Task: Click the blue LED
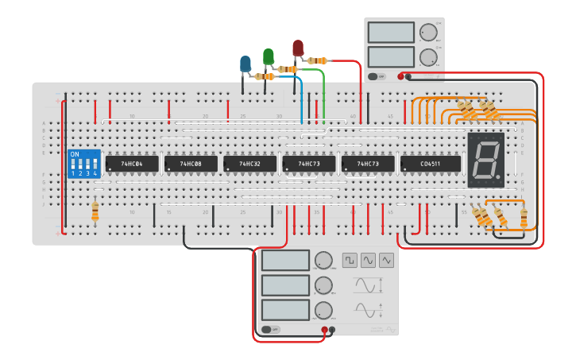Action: coord(245,63)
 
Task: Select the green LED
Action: coord(269,56)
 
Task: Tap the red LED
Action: coord(298,48)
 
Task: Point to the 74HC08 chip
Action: coord(191,164)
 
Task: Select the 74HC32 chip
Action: coord(249,164)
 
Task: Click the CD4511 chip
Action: coord(431,164)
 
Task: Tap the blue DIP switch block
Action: coord(84,164)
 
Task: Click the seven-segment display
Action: coord(485,160)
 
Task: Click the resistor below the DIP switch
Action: coord(95,211)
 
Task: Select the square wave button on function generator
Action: coord(350,260)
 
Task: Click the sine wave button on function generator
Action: coord(368,260)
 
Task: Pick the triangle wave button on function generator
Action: coord(386,260)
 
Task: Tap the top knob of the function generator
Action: coord(323,261)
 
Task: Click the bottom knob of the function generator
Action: coord(323,310)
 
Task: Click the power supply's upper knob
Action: coord(428,33)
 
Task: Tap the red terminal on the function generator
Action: coord(324,330)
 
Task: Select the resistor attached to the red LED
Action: coord(318,60)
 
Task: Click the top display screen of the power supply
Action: coord(391,33)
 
